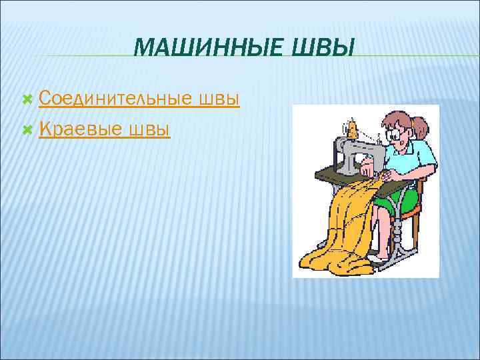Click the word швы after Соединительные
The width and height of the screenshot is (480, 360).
click(x=219, y=99)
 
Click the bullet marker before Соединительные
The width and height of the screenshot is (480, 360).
click(x=27, y=99)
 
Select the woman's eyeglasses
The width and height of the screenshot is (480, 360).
click(x=397, y=137)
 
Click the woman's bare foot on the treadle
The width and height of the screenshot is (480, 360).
click(x=381, y=256)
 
